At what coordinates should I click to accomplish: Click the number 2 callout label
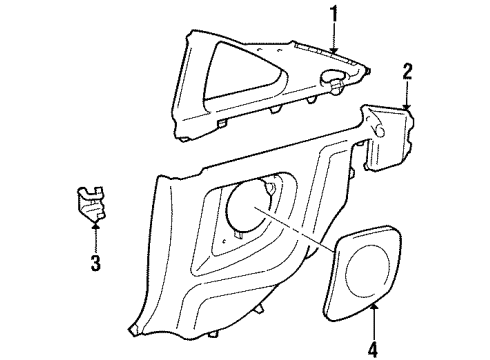(x=407, y=69)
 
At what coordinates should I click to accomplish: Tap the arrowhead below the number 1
(x=334, y=51)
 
